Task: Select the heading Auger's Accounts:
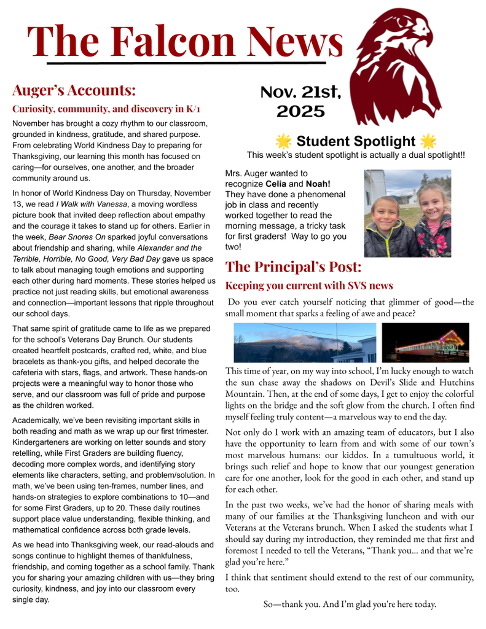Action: click(x=74, y=90)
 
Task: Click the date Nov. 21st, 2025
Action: click(x=300, y=101)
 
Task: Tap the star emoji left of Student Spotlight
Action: click(x=283, y=141)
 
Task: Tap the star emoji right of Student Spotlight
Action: click(x=428, y=141)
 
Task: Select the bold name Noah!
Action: click(x=318, y=184)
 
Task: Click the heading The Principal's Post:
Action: click(x=293, y=267)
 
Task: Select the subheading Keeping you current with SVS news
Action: click(x=309, y=286)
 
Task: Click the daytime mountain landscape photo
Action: click(x=305, y=342)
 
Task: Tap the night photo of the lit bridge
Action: click(x=425, y=342)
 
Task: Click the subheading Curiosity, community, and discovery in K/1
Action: click(x=106, y=109)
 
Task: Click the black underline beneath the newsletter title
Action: click(x=186, y=63)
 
